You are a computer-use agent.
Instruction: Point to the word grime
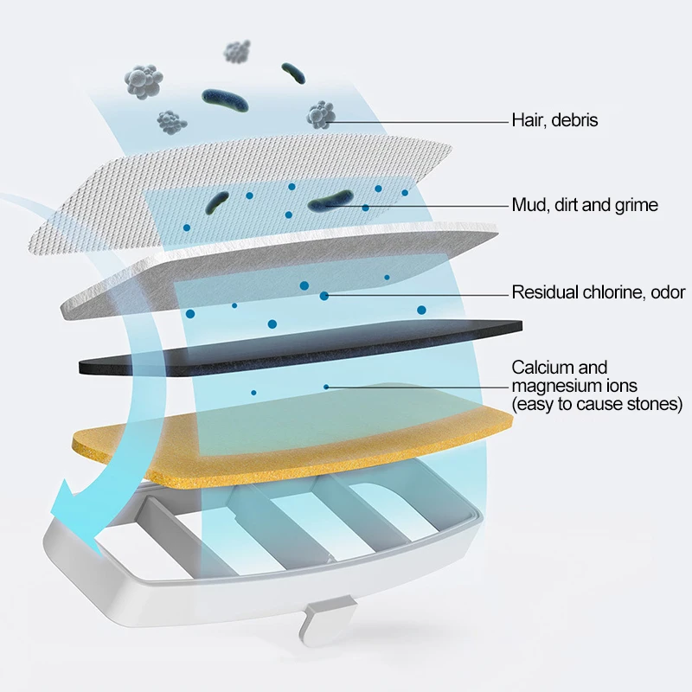pyautogui.click(x=634, y=206)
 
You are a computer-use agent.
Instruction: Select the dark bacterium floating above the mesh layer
pyautogui.click(x=226, y=99)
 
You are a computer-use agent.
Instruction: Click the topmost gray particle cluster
pyautogui.click(x=236, y=51)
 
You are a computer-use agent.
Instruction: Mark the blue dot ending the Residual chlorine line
pyautogui.click(x=324, y=296)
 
